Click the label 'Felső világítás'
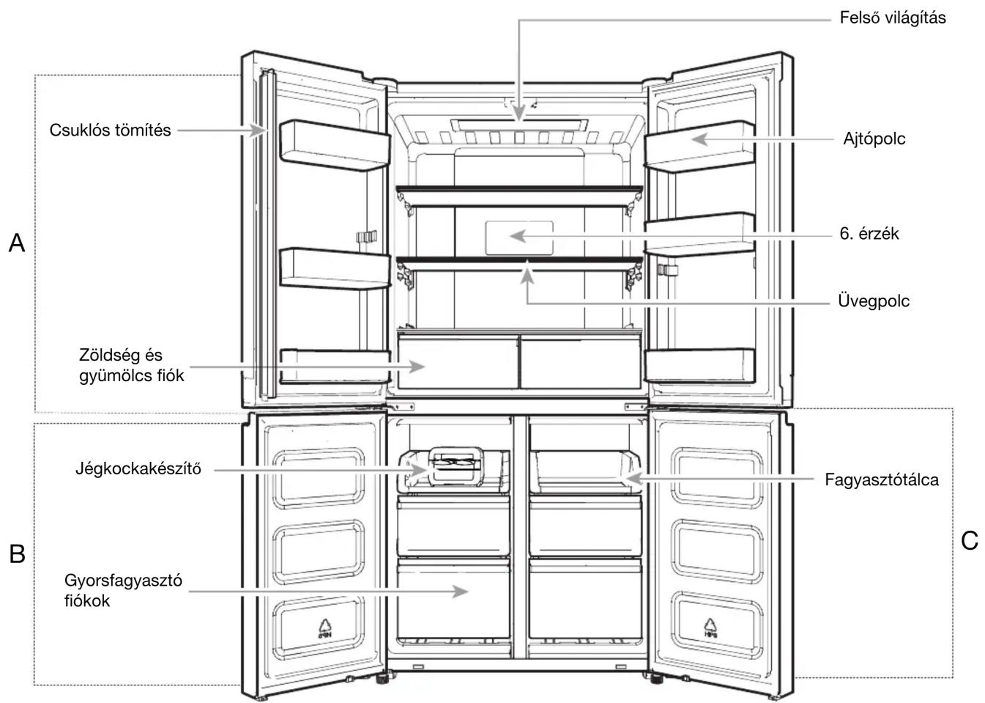pyautogui.click(x=892, y=18)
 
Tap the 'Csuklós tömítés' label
pyautogui.click(x=110, y=130)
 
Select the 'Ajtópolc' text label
pyautogui.click(x=874, y=139)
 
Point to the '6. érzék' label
pyautogui.click(x=869, y=234)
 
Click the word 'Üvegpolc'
pyautogui.click(x=873, y=301)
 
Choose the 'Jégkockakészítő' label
pyautogui.click(x=138, y=469)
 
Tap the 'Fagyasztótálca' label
pyautogui.click(x=881, y=480)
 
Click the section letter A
pyautogui.click(x=17, y=243)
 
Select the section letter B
pyautogui.click(x=17, y=553)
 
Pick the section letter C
pyautogui.click(x=969, y=540)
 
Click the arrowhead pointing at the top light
pyautogui.click(x=519, y=113)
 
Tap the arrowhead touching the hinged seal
pyautogui.click(x=259, y=130)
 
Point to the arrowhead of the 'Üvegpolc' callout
pyautogui.click(x=527, y=276)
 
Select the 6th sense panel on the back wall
pyautogui.click(x=519, y=238)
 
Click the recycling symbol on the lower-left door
pyautogui.click(x=325, y=629)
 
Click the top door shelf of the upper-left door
pyautogui.click(x=335, y=145)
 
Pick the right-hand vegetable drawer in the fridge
pyautogui.click(x=581, y=362)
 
